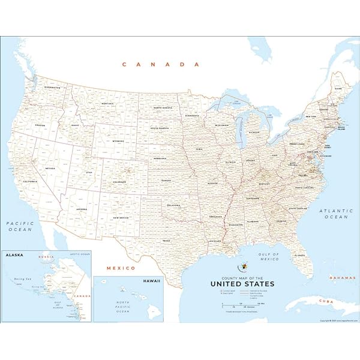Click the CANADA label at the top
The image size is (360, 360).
[x=160, y=64]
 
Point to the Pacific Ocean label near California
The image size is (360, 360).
[x=20, y=226]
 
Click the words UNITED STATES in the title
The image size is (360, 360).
[x=242, y=284]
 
